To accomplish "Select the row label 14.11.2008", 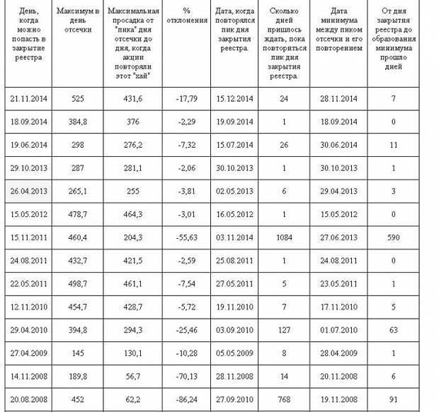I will tap(29, 375).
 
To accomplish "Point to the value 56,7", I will tap(132, 375).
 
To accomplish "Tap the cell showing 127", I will tap(284, 329).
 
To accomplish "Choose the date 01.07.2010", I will tap(338, 329).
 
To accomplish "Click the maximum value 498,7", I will tap(78, 283).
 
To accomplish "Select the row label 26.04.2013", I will tap(29, 191).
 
